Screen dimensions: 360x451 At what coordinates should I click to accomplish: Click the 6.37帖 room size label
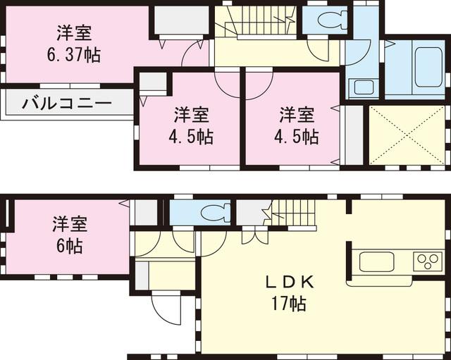[74, 55]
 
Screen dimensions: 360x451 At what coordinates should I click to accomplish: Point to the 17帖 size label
[287, 304]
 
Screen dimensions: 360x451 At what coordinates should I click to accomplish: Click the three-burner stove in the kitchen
[427, 262]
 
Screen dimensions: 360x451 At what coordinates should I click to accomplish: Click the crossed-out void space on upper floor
[407, 135]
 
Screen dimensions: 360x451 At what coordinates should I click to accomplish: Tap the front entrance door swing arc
[163, 309]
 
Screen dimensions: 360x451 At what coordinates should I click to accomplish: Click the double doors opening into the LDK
[254, 235]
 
